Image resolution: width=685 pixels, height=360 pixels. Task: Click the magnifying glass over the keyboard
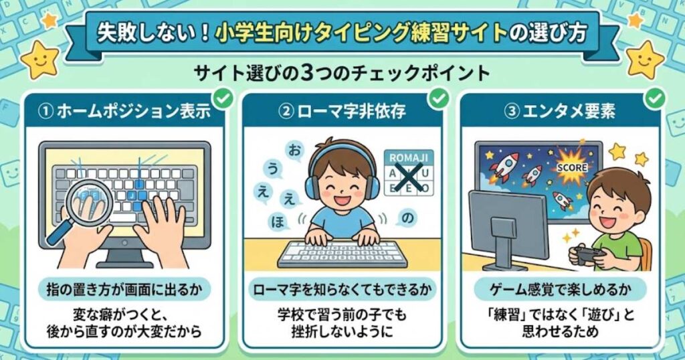point(88,205)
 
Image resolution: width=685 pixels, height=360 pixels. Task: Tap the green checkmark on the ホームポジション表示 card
point(224,99)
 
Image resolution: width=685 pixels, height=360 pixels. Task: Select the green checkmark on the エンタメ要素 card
point(655,99)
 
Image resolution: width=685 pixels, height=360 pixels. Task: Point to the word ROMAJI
point(409,158)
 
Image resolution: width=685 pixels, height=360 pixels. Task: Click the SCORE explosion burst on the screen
point(571,167)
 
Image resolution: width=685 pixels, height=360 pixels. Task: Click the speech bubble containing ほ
point(278,221)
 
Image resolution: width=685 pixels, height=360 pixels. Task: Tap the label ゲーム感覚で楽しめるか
point(561,290)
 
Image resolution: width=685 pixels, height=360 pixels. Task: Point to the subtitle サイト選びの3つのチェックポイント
point(342,74)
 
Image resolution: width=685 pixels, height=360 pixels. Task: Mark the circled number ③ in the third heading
point(510,112)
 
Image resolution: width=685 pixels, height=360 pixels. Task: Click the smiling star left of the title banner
point(39,60)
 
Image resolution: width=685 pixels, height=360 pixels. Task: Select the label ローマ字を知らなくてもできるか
point(342,290)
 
